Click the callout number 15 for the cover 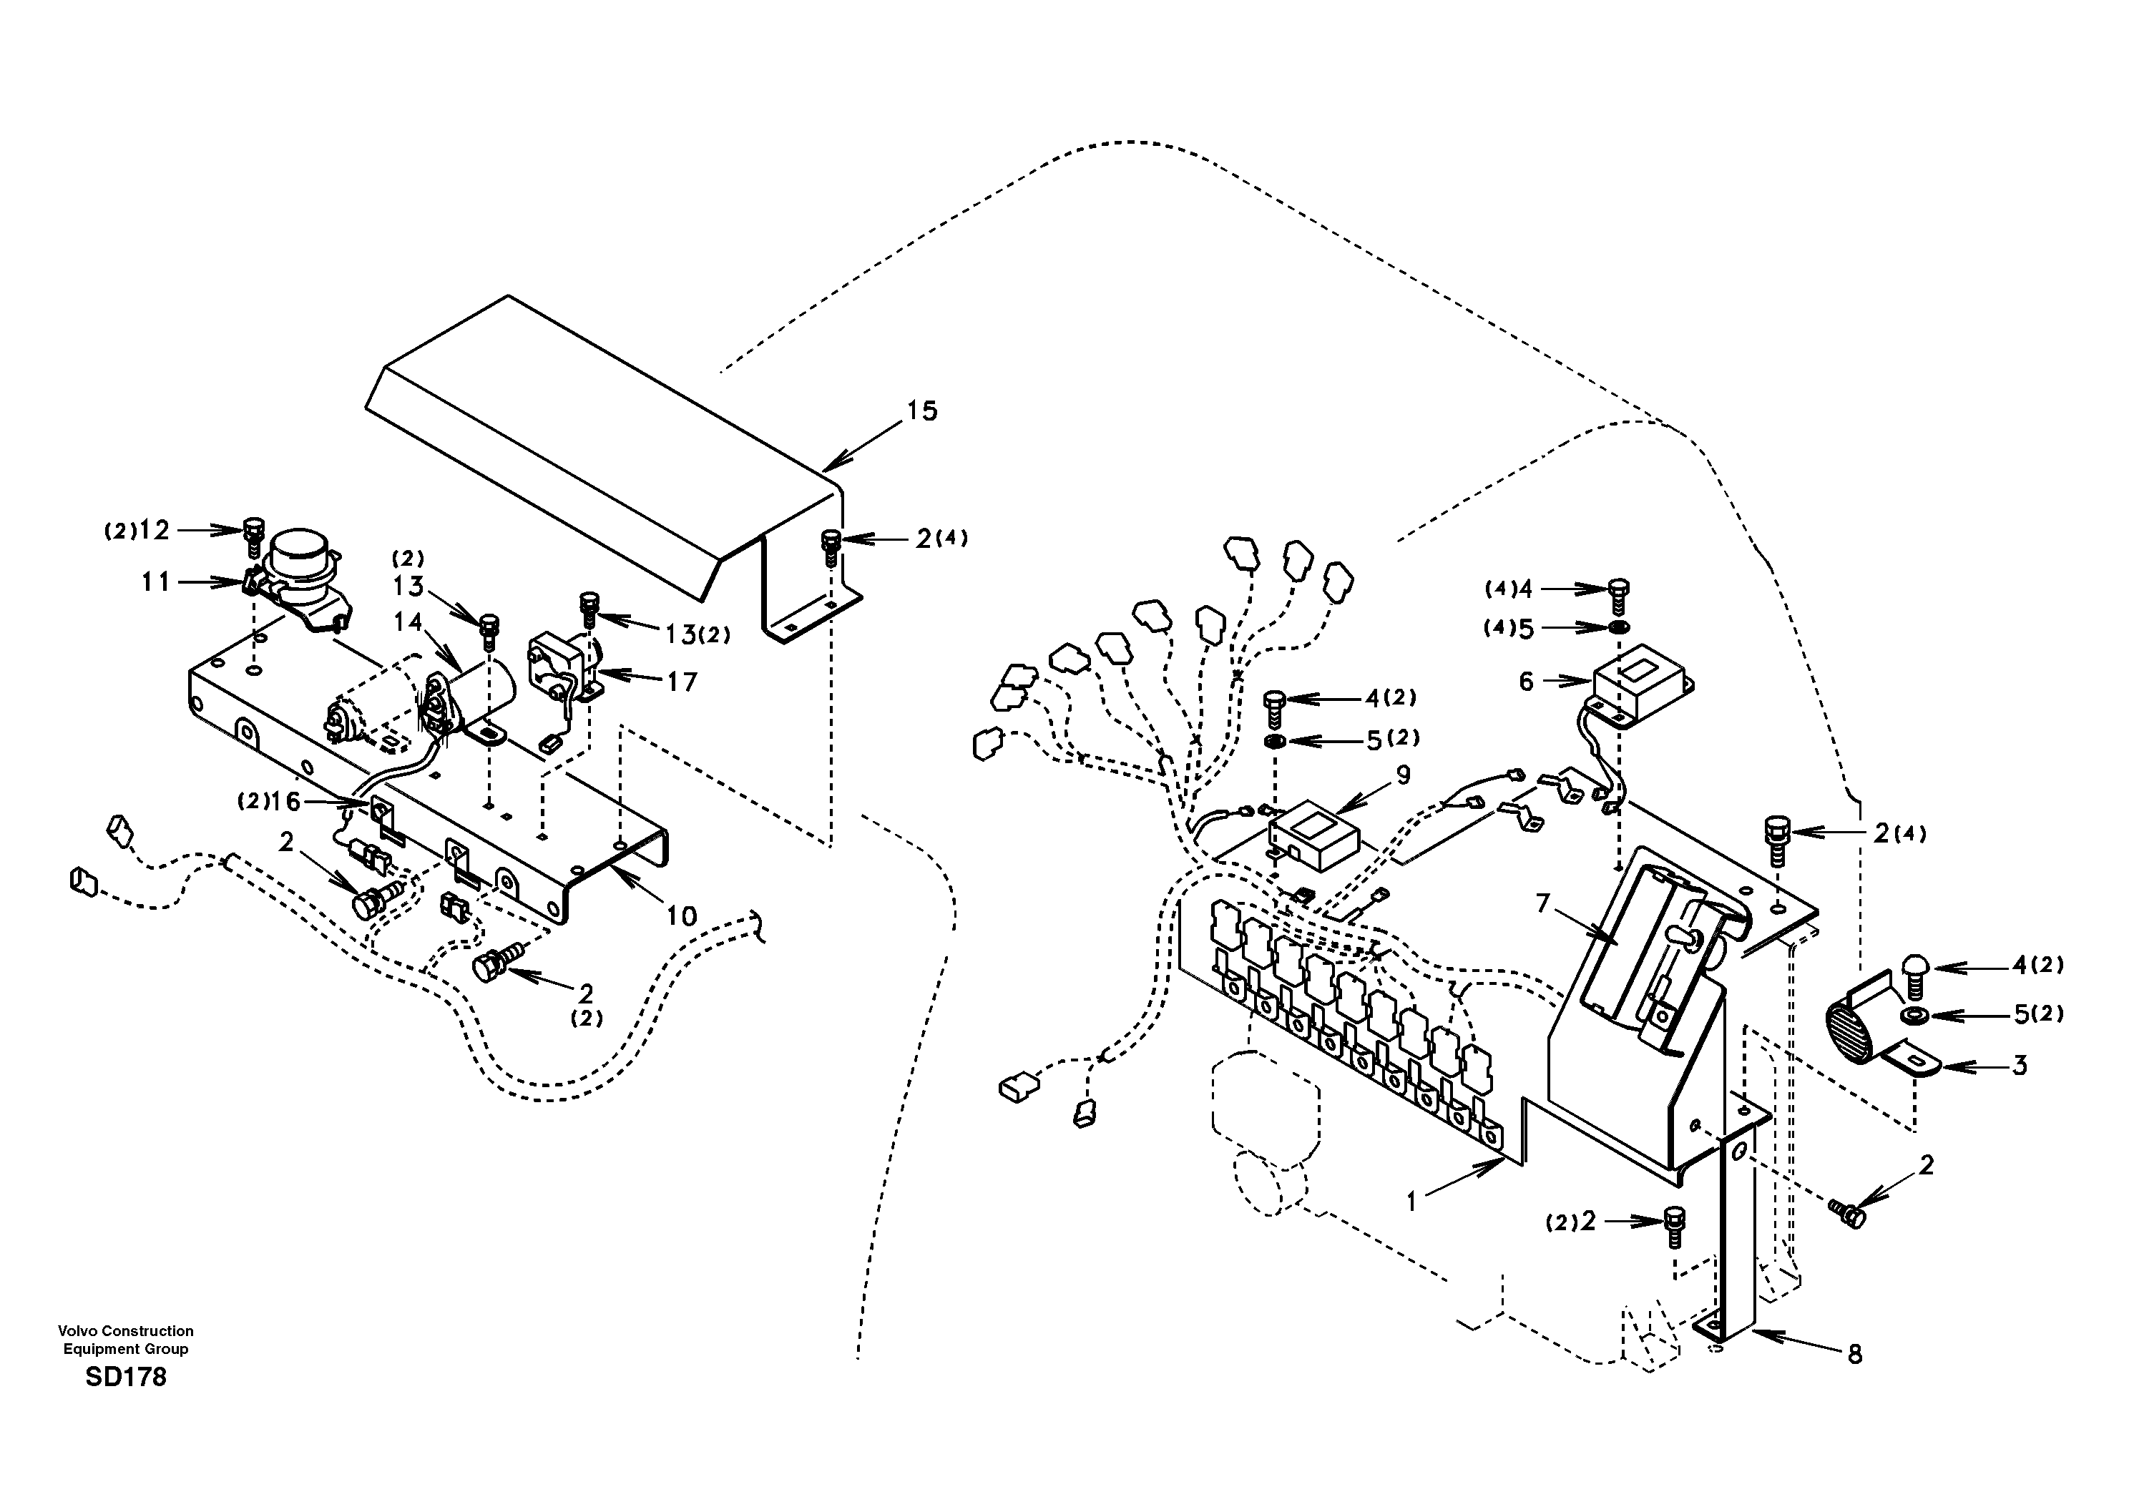pyautogui.click(x=921, y=411)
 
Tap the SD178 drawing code pyautogui.click(x=125, y=1377)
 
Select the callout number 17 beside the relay pyautogui.click(x=682, y=682)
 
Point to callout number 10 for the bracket pyautogui.click(x=682, y=916)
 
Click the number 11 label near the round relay pyautogui.click(x=156, y=582)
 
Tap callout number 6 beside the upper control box pyautogui.click(x=1526, y=682)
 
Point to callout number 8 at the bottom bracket pyautogui.click(x=1854, y=1355)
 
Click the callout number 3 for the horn pyautogui.click(x=2020, y=1065)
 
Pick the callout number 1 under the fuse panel pyautogui.click(x=1411, y=1202)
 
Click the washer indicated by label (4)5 pyautogui.click(x=1618, y=629)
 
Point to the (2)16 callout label pyautogui.click(x=270, y=801)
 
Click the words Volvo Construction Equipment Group pyautogui.click(x=125, y=1340)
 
